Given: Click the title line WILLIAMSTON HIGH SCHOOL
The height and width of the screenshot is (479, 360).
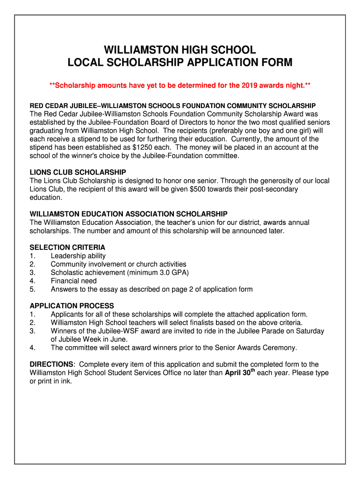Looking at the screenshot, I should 180,50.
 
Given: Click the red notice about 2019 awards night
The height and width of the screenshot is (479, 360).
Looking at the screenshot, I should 180,86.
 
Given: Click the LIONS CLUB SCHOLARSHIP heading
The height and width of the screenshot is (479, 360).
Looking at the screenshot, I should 78,172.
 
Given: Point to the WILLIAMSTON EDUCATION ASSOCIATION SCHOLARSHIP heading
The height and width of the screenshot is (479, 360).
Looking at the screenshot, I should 129,214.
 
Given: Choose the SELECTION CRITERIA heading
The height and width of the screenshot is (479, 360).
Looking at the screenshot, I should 67,247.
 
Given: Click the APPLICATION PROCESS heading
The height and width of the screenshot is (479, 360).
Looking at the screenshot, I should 72,306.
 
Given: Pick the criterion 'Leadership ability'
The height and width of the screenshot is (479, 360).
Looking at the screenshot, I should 78,256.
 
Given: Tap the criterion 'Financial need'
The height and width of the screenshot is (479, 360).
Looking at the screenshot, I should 74,281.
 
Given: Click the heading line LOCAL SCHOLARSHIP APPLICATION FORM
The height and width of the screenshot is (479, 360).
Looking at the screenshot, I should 180,63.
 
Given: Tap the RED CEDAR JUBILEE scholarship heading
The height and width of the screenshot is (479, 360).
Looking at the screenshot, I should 173,106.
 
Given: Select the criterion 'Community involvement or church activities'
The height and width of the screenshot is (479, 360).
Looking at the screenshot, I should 118,264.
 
